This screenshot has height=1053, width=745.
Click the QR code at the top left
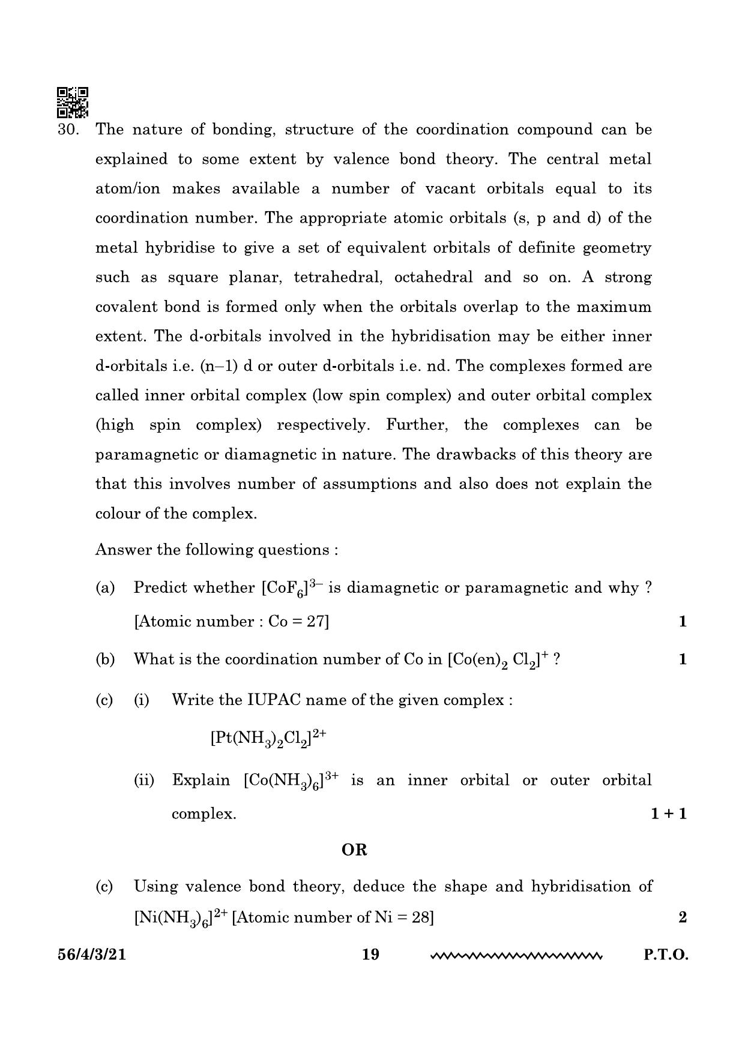coord(72,102)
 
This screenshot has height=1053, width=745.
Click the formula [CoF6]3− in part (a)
coord(292,588)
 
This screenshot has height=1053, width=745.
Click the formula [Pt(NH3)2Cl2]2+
coord(268,738)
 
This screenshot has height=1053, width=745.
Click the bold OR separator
coord(354,850)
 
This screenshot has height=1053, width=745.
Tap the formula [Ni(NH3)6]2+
coord(180,918)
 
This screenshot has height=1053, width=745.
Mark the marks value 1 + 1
coord(668,814)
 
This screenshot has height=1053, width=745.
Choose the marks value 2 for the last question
coord(682,917)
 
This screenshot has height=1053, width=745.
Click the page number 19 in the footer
coord(371,954)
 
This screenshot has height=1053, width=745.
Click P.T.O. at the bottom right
coord(666,955)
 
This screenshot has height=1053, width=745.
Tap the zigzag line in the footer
coord(516,955)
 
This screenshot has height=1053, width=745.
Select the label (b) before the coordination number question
coord(105,659)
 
